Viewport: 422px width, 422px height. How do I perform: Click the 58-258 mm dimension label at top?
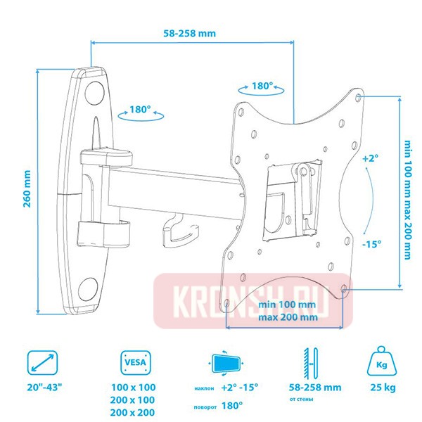point(189,33)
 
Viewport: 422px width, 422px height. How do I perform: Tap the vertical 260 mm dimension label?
point(27,188)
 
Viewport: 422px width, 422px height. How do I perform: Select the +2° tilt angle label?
point(371,158)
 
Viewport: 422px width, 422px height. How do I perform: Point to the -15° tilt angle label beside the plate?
point(371,244)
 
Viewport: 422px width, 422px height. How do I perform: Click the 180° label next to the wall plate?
point(141,110)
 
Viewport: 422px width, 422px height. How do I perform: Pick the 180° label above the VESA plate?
point(262,86)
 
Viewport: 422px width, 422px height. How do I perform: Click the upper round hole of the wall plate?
point(94,93)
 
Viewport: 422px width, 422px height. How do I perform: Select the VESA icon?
point(135,362)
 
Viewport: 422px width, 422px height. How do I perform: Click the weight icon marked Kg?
point(382,362)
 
